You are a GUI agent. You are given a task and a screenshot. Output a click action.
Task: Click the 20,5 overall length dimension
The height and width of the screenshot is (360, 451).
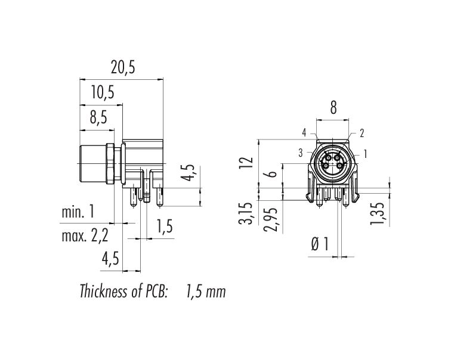(123, 68)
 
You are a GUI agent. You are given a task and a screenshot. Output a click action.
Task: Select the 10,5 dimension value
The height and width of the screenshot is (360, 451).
(103, 93)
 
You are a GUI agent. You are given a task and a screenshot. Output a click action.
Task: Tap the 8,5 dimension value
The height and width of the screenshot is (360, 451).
(98, 117)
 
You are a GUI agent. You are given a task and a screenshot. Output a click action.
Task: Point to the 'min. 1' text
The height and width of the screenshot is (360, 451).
(78, 212)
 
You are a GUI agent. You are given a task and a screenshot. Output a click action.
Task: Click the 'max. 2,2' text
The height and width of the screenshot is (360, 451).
(85, 236)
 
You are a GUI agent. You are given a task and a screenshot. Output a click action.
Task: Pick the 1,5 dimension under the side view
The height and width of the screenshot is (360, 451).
(164, 226)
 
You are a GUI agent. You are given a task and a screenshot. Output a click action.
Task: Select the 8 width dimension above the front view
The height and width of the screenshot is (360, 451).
(333, 108)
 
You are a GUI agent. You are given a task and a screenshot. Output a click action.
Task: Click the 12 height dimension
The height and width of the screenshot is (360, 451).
(248, 162)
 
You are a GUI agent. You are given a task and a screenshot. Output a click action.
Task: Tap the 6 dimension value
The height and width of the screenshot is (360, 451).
(272, 174)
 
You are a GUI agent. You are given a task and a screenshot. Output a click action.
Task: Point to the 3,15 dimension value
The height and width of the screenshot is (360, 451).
(246, 213)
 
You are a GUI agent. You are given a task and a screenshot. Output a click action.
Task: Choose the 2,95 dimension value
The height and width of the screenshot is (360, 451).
(271, 219)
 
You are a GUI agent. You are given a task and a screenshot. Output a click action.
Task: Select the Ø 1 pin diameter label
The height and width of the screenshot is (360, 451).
(320, 244)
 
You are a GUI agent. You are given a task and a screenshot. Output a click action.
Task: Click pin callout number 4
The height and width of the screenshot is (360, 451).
(304, 133)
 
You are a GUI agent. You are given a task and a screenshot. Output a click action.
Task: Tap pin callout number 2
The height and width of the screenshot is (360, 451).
(362, 133)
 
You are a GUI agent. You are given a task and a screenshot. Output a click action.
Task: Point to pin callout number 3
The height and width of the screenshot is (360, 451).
(301, 153)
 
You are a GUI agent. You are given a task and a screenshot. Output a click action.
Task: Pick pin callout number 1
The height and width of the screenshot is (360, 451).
(365, 154)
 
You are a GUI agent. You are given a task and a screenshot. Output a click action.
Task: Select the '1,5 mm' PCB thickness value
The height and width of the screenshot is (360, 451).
(206, 291)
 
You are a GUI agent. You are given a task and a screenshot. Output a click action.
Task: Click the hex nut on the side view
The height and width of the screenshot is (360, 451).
(110, 164)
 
